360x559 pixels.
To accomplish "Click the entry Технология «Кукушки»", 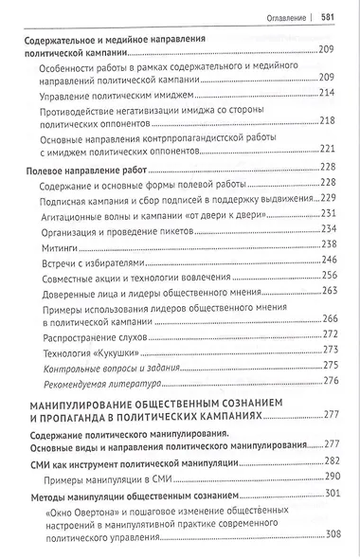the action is pyautogui.click(x=91, y=350).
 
